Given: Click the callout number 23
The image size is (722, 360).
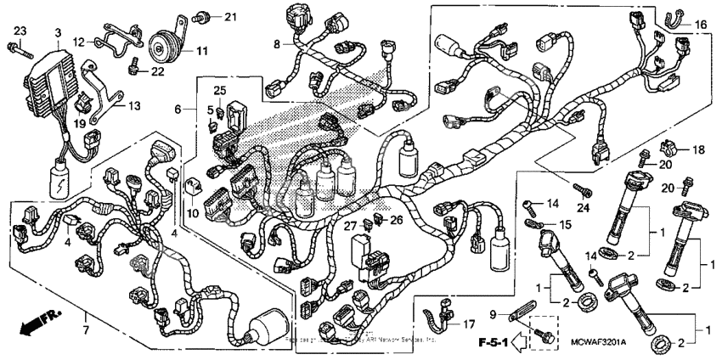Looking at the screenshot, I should (20, 31).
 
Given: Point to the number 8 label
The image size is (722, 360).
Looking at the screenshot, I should (277, 43).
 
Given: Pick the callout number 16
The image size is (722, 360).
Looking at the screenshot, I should (701, 24).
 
